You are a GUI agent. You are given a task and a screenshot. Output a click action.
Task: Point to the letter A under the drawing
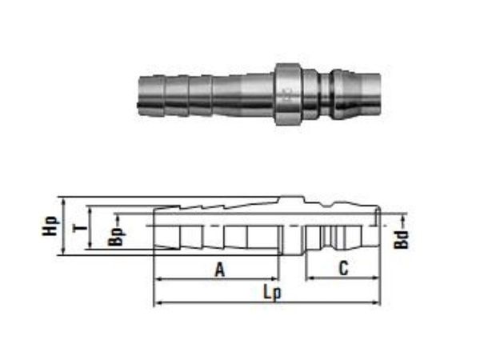point(218,270)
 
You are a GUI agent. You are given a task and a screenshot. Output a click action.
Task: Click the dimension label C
point(342,270)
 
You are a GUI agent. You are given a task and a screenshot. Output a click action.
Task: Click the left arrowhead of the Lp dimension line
point(157,303)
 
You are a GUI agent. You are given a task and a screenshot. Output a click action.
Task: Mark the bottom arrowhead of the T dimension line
point(90,250)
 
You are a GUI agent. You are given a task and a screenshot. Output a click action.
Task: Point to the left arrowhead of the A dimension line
point(157,279)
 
